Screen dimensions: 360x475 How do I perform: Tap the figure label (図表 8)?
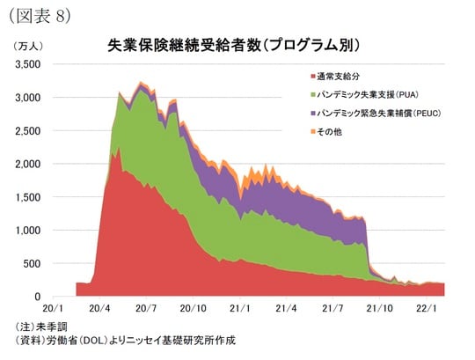39,15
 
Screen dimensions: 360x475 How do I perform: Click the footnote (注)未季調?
43,327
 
